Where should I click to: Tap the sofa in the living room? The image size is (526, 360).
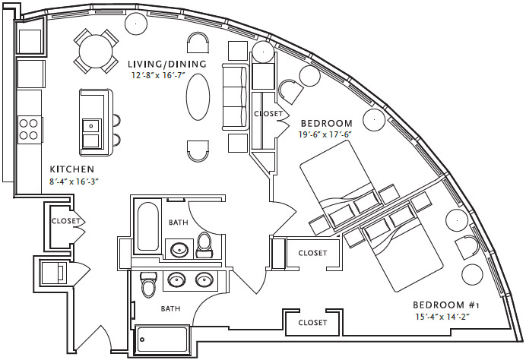pos(233,97)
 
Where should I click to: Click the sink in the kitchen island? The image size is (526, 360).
pos(91,126)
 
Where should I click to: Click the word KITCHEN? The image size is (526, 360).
pos(71,169)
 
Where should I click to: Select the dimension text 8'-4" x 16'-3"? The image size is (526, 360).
pos(74,181)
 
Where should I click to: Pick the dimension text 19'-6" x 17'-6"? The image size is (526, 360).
pos(326,135)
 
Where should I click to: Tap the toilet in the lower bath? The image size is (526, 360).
pos(149,285)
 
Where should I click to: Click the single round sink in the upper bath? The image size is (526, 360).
pos(180,248)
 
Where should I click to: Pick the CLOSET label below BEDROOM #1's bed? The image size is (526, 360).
pos(312,322)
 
